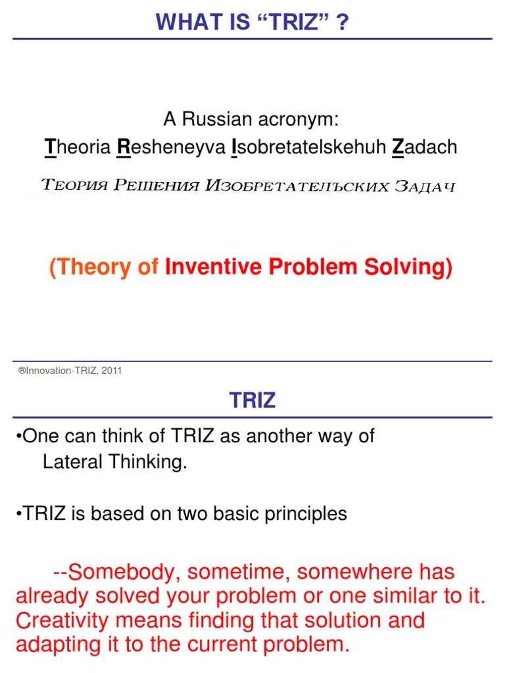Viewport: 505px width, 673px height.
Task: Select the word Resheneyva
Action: [170, 147]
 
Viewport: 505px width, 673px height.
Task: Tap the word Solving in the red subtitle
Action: [412, 267]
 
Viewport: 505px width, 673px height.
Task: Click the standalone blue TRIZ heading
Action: [252, 401]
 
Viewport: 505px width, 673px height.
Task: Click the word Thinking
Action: [147, 462]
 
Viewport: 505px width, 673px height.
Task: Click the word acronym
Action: [306, 120]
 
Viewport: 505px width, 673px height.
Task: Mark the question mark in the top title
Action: [343, 23]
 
